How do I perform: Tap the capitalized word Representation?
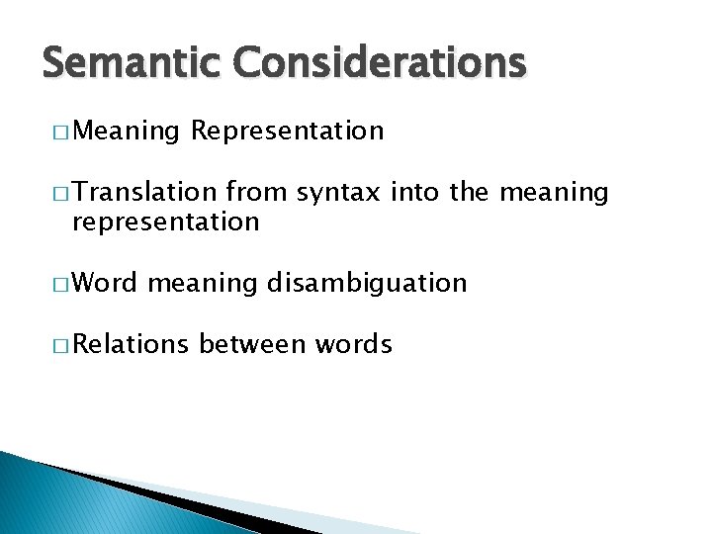(x=288, y=131)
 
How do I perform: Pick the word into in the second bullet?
(x=416, y=193)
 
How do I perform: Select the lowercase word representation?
(x=165, y=222)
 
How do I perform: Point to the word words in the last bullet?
(x=354, y=344)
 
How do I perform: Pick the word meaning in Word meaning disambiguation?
(x=202, y=284)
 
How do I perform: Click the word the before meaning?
(x=469, y=193)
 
